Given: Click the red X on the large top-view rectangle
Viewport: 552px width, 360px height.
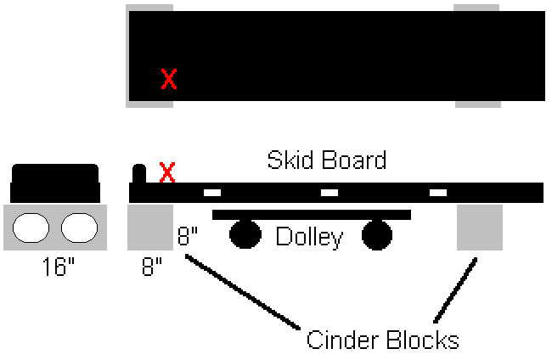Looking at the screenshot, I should (x=169, y=80).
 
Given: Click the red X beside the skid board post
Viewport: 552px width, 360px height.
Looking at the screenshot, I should (x=167, y=172).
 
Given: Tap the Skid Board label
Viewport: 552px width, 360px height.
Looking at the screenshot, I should (x=327, y=160).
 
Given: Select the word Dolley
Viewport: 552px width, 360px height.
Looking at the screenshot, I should (x=309, y=237).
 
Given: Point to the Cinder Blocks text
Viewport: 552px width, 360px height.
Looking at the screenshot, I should (x=382, y=340).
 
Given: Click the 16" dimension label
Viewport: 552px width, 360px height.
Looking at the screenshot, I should (x=59, y=268).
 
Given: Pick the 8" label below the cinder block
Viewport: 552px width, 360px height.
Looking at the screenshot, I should (x=150, y=268).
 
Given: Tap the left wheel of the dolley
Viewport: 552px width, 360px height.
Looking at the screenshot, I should (x=245, y=234).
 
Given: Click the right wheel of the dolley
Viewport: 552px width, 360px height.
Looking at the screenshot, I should (x=377, y=234).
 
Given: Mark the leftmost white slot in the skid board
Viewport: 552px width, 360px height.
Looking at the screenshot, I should (x=211, y=193).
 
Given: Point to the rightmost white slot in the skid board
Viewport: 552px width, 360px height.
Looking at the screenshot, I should (x=438, y=193).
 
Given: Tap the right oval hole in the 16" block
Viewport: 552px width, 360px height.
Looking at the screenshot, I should (x=78, y=228).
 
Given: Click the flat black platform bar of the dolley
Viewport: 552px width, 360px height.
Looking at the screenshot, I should (x=311, y=215).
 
